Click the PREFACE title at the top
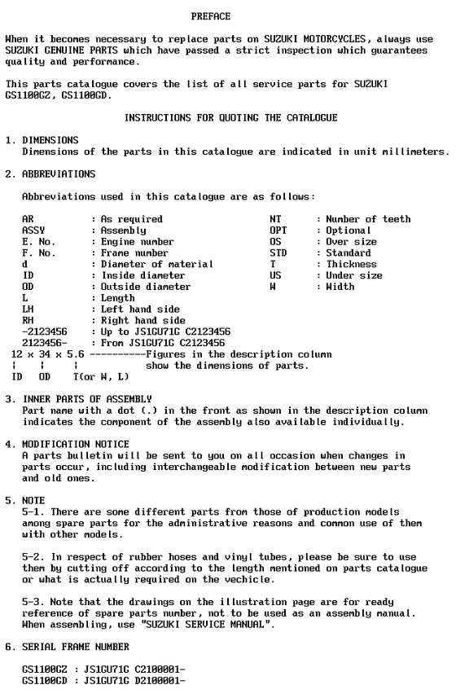[210, 16]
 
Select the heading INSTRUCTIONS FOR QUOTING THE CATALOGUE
[230, 118]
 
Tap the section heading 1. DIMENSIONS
[42, 141]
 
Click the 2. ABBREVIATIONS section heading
[50, 174]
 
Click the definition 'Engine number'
[137, 242]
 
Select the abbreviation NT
[275, 219]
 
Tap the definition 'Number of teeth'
[368, 219]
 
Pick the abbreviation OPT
[278, 230]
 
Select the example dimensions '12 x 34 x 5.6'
[47, 354]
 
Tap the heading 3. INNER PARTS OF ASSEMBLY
[78, 399]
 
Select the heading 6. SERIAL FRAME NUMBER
[68, 645]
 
